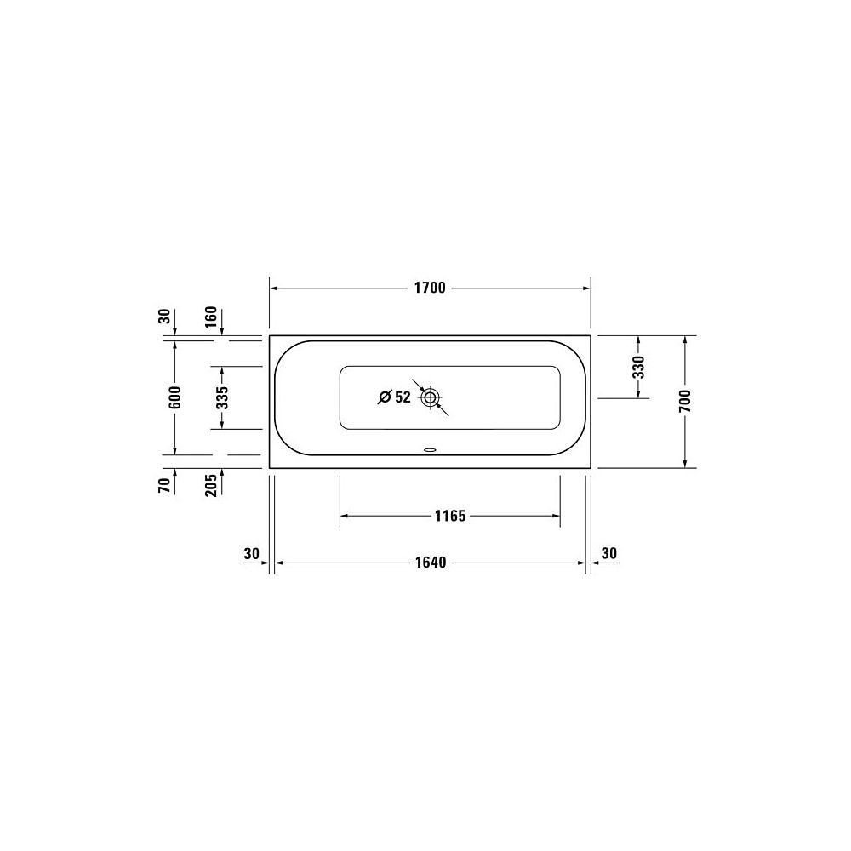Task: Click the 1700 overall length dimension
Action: [x=430, y=288]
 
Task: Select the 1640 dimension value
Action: [x=431, y=563]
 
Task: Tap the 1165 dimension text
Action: [x=450, y=516]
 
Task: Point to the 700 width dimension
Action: [x=685, y=401]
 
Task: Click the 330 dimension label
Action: [x=639, y=367]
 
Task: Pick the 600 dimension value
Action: [x=174, y=397]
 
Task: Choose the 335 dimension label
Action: [x=222, y=397]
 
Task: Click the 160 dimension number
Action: [x=210, y=317]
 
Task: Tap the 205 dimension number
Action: [x=210, y=485]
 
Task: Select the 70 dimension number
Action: [x=164, y=485]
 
